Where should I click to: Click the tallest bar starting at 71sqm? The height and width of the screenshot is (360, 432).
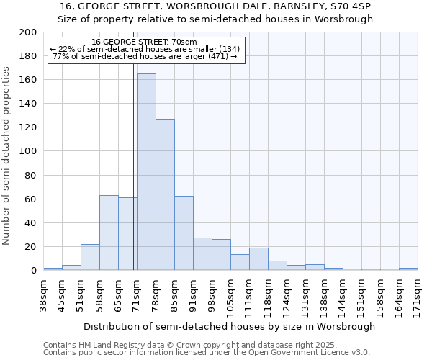[x=146, y=172]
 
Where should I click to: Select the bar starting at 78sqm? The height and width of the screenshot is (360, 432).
[x=165, y=194]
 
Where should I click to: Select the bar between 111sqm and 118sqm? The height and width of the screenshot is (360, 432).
[x=258, y=259]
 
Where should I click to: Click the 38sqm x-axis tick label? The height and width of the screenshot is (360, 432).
[x=43, y=293]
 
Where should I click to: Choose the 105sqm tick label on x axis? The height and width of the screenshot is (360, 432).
[x=230, y=294]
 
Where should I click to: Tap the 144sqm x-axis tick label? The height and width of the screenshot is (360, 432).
[x=343, y=294]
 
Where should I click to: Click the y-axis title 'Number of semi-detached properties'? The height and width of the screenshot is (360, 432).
[x=7, y=155]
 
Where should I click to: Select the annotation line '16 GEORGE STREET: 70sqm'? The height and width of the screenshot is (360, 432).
[x=145, y=42]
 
